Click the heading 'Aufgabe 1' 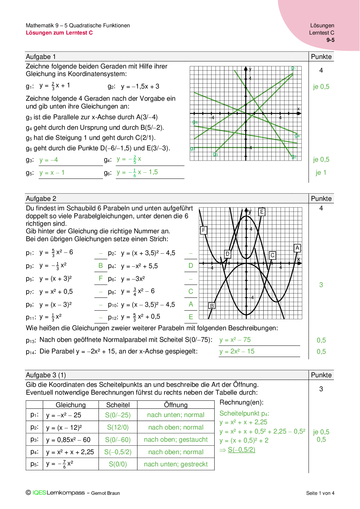[x=41, y=57]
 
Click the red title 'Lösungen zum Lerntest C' [x=59, y=33]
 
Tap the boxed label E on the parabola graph [x=262, y=212]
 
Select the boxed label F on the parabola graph [x=204, y=230]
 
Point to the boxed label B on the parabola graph [x=212, y=306]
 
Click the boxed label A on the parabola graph [x=297, y=248]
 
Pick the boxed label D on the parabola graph [x=228, y=254]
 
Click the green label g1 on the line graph [x=293, y=68]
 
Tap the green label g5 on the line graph [x=215, y=154]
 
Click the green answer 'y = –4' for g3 [x=48, y=160]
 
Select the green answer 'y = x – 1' [x=52, y=173]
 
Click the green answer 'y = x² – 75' [x=235, y=340]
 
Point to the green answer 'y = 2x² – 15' [x=237, y=351]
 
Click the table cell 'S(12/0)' [x=118, y=427]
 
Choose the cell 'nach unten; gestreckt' [x=176, y=464]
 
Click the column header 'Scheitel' [x=118, y=405]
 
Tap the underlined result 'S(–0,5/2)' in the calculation [x=241, y=450]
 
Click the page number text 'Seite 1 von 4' [x=320, y=493]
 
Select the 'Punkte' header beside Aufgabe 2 [x=321, y=198]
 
